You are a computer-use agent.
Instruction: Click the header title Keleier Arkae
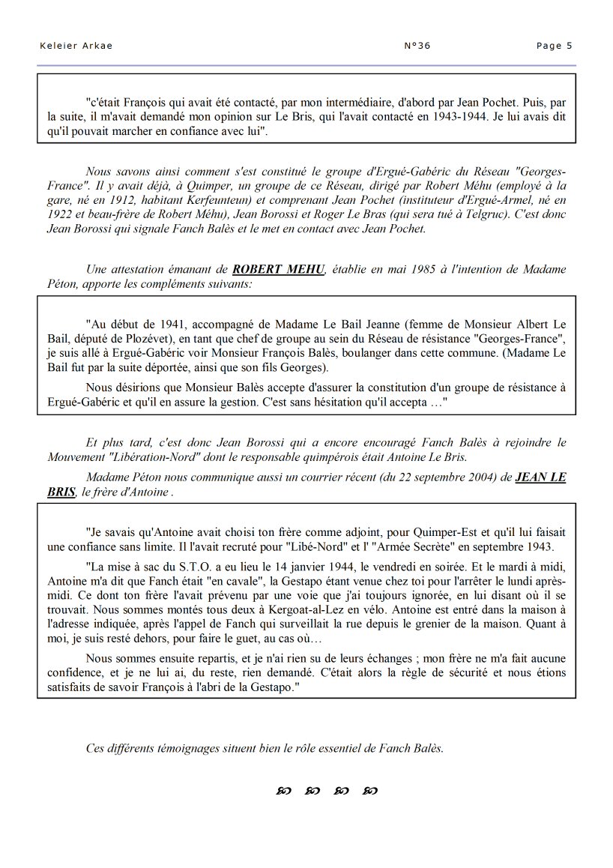click(76, 46)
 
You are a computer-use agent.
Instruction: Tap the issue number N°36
click(417, 46)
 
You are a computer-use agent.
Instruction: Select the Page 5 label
click(554, 46)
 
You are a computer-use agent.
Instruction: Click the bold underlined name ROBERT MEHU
click(279, 269)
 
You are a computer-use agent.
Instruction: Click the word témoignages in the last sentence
click(182, 748)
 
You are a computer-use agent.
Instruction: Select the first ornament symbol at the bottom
click(284, 791)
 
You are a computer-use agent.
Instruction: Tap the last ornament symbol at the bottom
click(370, 791)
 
